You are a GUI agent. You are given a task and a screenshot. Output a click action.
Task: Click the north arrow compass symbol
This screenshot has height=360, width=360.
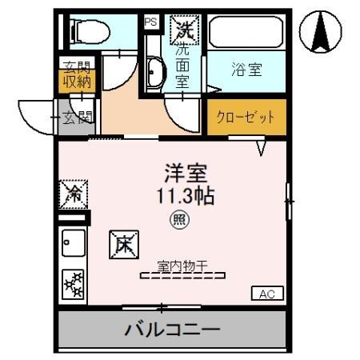(x=325, y=33)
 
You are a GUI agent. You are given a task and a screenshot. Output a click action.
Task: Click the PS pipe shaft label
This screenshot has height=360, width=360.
(x=150, y=22)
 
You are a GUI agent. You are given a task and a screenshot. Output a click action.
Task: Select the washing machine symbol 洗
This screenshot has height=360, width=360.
(x=185, y=31)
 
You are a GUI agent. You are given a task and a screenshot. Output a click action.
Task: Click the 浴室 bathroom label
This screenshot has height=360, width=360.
(x=246, y=70)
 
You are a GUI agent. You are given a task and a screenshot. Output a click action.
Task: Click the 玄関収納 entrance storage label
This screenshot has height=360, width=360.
(x=78, y=75)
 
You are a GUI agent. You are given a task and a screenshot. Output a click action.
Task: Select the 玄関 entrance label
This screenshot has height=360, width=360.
(x=78, y=118)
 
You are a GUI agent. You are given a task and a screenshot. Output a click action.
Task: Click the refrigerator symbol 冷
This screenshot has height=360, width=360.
(x=73, y=193)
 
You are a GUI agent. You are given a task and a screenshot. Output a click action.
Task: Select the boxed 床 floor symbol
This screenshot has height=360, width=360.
(x=124, y=243)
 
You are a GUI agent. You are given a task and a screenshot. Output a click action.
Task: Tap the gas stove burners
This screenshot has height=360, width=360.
(x=74, y=284)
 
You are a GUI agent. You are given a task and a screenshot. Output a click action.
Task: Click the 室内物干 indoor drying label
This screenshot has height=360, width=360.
(x=182, y=265)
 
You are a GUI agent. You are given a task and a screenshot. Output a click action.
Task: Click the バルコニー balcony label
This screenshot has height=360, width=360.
(x=172, y=329)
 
